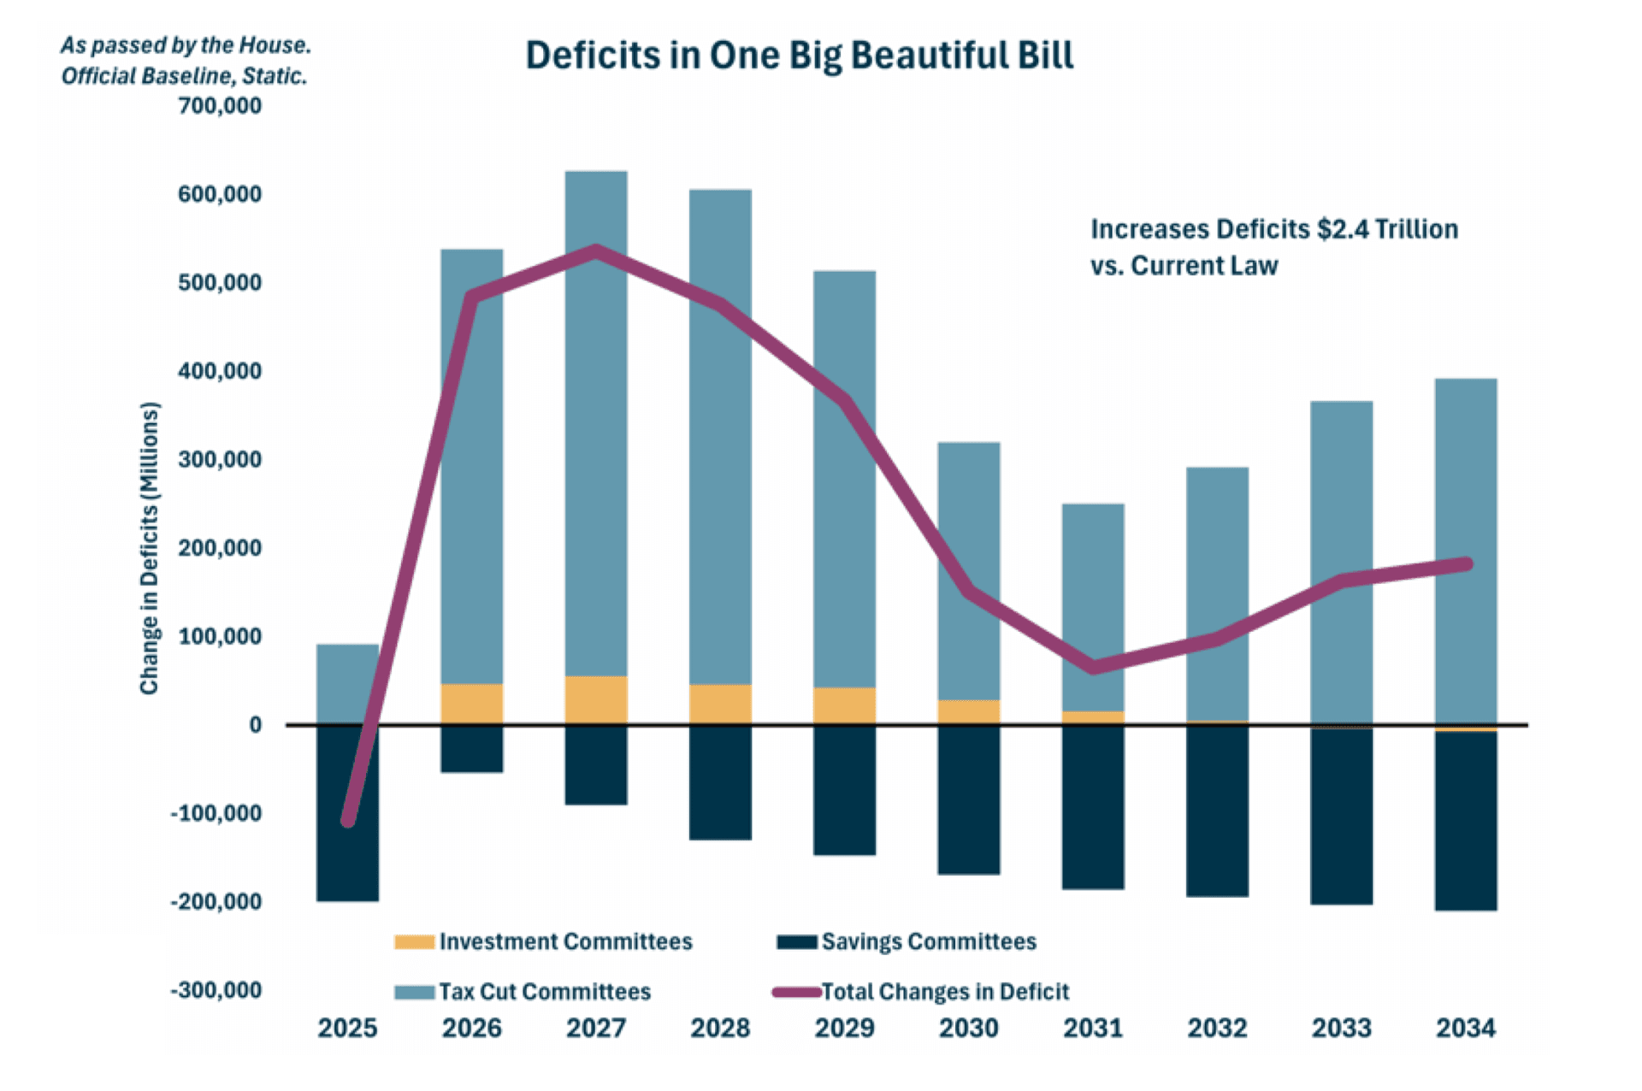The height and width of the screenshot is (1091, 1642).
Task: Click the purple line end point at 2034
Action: point(1466,563)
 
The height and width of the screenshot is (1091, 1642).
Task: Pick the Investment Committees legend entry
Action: point(564,941)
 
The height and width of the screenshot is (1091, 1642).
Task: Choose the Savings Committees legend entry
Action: point(928,941)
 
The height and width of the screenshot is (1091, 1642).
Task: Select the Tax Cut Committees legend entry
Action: point(544,992)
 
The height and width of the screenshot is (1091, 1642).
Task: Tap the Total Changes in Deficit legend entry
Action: point(944,992)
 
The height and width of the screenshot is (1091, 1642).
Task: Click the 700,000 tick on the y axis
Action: point(219,106)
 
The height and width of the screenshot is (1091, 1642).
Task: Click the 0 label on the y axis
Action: point(255,725)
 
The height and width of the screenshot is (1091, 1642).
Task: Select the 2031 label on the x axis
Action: point(1092,1028)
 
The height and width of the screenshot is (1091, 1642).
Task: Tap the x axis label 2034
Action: point(1465,1028)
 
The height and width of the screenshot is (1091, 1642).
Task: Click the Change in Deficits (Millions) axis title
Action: point(150,547)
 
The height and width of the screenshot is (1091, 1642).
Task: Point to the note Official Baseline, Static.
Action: point(184,76)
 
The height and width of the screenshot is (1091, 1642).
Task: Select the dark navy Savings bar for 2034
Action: point(1465,821)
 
